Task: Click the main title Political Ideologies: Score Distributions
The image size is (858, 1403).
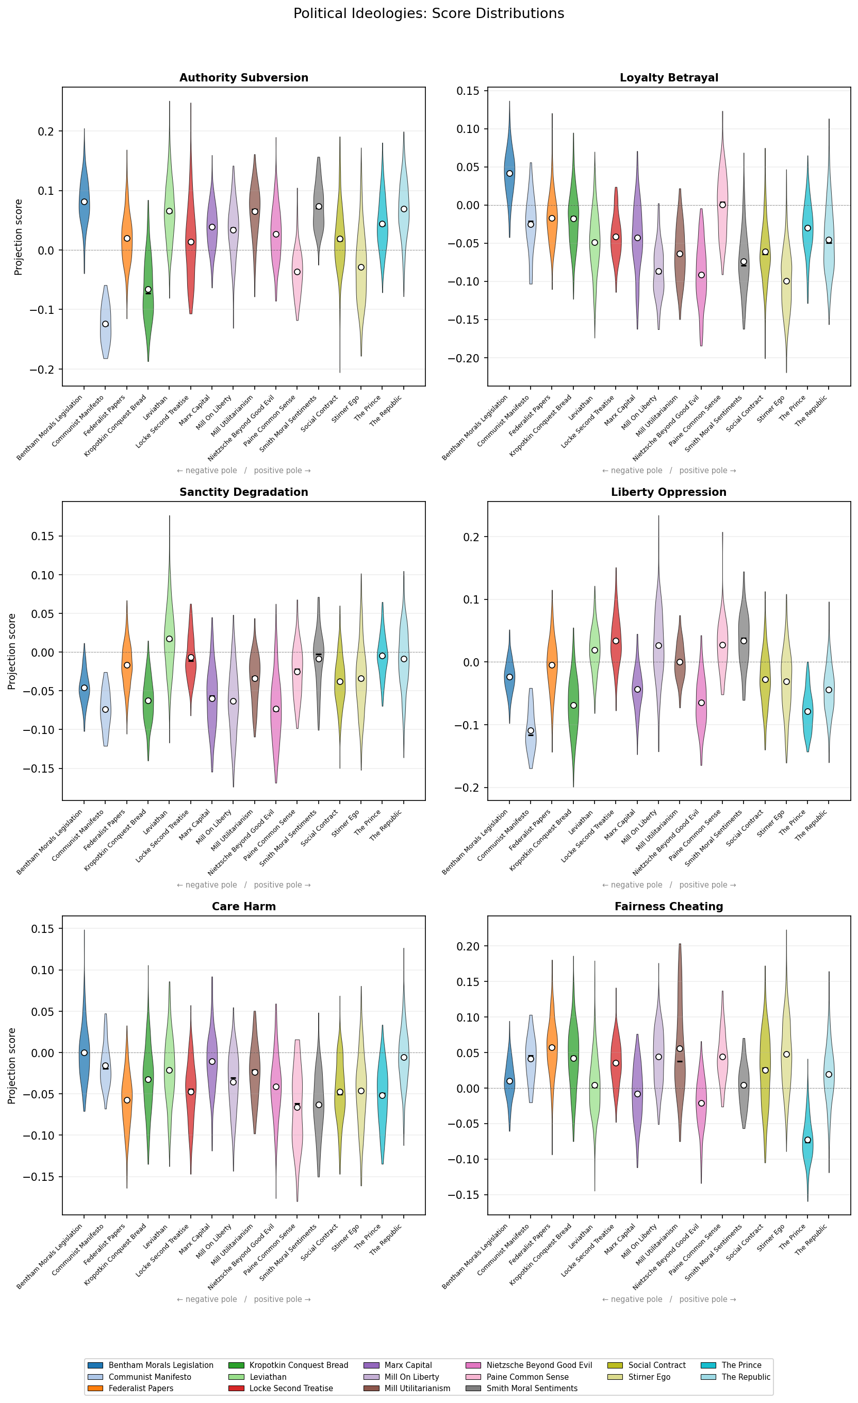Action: click(x=428, y=14)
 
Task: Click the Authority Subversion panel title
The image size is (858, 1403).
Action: click(x=244, y=78)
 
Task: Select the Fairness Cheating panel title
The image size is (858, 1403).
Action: click(x=668, y=907)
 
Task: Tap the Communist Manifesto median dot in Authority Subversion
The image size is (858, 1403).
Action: click(x=105, y=324)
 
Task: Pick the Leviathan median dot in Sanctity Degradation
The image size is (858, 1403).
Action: click(x=169, y=639)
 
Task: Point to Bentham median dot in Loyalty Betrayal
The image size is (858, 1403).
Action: click(x=509, y=174)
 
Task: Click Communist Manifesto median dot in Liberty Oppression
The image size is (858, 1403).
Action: click(x=531, y=730)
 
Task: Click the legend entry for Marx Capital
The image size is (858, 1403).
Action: click(x=408, y=1365)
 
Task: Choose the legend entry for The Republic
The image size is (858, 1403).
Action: click(x=745, y=1377)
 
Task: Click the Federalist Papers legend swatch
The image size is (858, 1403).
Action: click(x=95, y=1388)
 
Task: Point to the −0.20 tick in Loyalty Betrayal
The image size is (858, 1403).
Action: click(x=465, y=358)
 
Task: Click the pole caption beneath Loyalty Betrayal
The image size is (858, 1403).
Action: click(x=668, y=471)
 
